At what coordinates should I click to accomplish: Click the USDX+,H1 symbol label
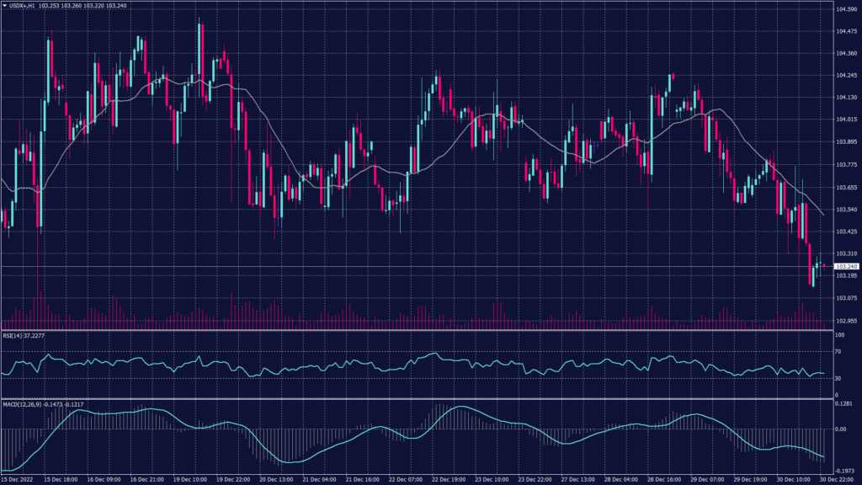(x=23, y=5)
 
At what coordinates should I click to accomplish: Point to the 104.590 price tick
(x=846, y=9)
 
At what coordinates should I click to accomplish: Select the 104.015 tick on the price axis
(x=846, y=120)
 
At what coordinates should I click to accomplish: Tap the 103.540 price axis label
(x=846, y=209)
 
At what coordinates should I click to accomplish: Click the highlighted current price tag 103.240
(x=846, y=266)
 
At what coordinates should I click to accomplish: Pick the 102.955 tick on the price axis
(x=846, y=320)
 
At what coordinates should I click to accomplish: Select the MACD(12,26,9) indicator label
(x=22, y=404)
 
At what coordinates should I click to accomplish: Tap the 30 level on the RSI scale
(x=838, y=378)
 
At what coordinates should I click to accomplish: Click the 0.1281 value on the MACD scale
(x=844, y=404)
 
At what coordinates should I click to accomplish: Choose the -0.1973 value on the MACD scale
(x=844, y=471)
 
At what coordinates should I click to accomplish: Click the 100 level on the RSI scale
(x=839, y=335)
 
